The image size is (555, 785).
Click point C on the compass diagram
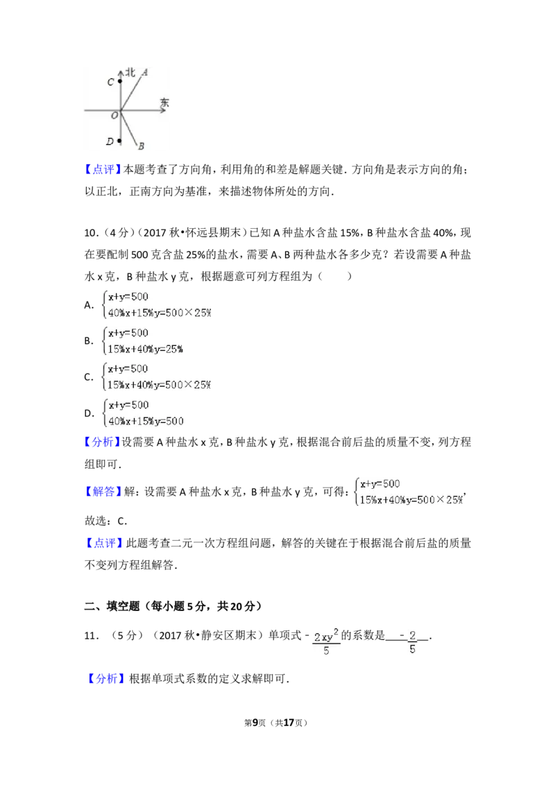point(120,81)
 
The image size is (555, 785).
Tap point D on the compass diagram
point(119,141)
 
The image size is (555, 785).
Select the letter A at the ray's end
point(144,73)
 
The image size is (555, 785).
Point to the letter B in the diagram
point(142,146)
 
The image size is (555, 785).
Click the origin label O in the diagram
point(114,116)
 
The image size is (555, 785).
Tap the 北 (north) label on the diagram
point(130,73)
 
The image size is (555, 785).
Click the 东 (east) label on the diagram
point(164,103)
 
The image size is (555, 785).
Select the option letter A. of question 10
point(89,305)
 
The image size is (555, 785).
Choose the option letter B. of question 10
point(89,341)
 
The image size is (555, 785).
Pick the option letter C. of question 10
point(89,377)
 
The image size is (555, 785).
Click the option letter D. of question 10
point(89,413)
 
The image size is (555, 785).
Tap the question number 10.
point(91,233)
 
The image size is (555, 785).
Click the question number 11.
point(91,636)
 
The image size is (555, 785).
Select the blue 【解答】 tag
point(103,492)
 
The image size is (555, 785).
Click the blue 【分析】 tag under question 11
point(105,678)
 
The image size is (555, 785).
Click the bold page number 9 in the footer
point(255,723)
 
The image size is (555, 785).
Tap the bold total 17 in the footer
point(289,723)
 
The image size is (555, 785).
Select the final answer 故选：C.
point(105,521)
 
